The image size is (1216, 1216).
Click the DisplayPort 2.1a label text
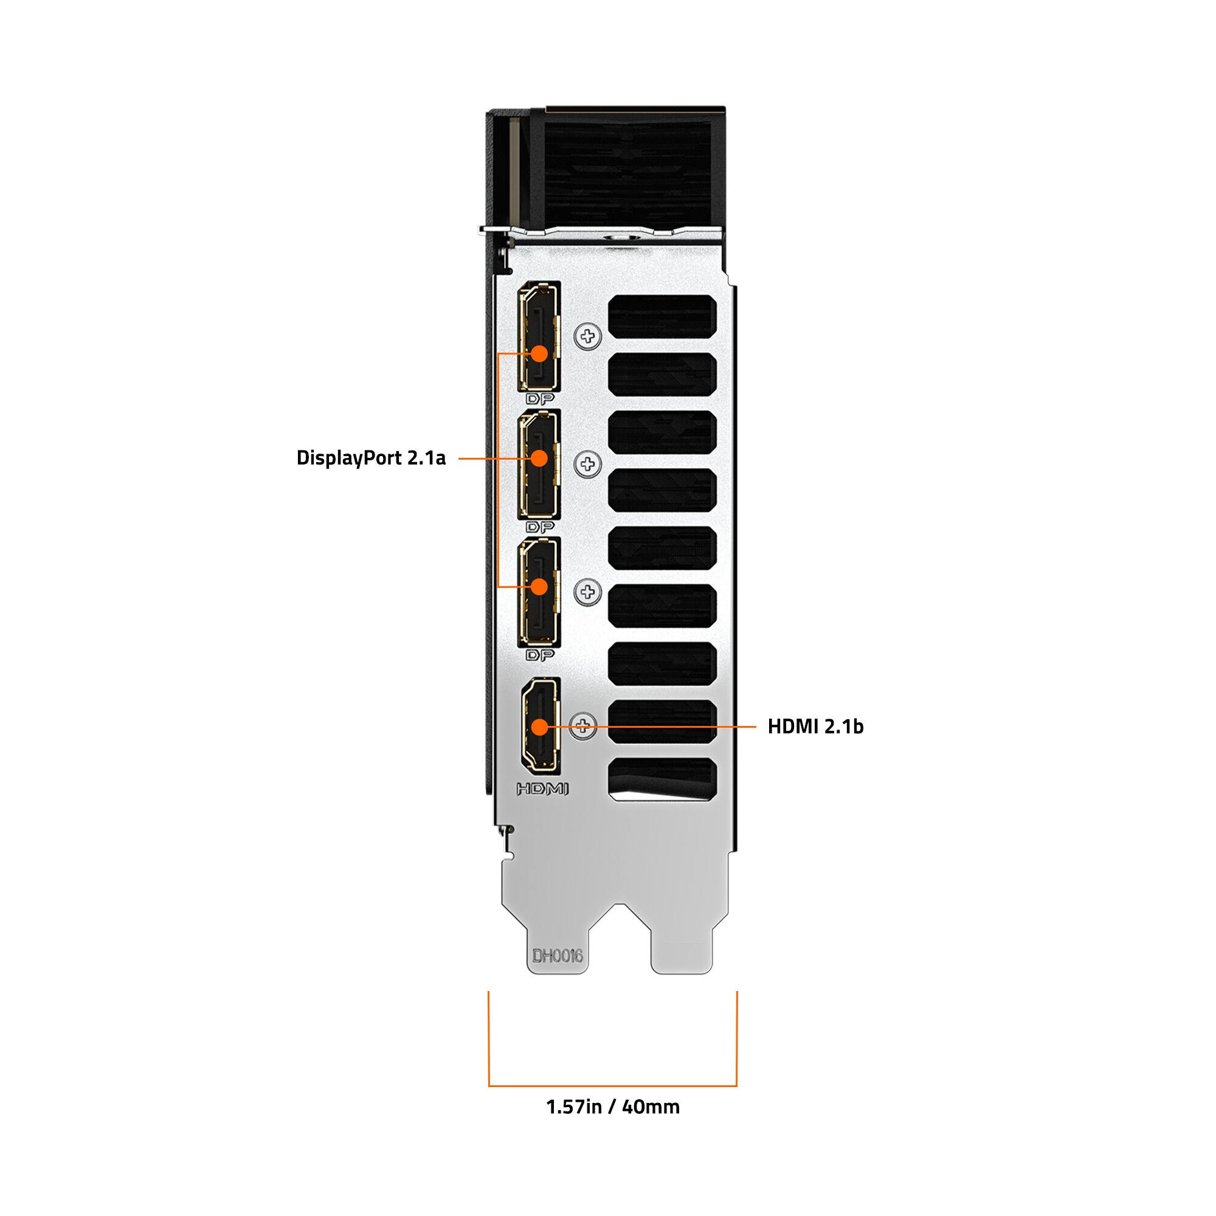click(371, 458)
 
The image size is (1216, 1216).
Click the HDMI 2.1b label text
click(815, 727)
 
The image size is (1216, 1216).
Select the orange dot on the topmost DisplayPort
click(539, 353)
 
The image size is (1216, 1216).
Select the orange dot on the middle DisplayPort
click(539, 458)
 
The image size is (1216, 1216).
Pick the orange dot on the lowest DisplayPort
click(539, 587)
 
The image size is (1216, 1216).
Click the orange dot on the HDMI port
click(539, 727)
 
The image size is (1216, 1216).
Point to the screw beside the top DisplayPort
click(588, 336)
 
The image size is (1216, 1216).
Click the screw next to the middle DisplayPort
click(588, 465)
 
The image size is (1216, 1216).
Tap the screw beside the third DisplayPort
click(588, 592)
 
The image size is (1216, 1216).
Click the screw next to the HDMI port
click(583, 727)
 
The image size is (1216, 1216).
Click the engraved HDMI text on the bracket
click(542, 789)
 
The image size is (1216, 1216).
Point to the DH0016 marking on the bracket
click(558, 956)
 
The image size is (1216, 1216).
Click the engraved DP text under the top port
click(540, 399)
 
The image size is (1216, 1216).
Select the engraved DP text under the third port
click(540, 655)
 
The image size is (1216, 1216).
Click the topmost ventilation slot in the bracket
click(662, 318)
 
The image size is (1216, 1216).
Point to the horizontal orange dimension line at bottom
click(612, 1086)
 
